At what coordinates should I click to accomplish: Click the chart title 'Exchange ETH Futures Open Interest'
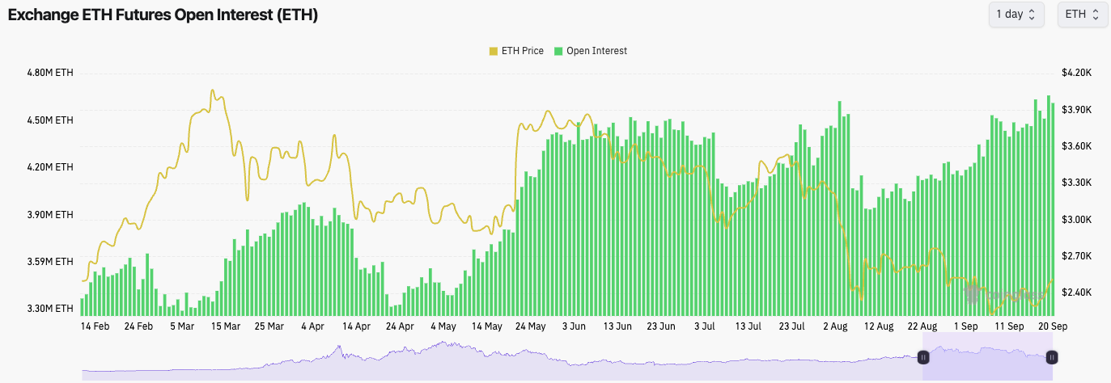click(x=163, y=15)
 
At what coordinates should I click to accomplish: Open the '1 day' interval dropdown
click(x=1016, y=15)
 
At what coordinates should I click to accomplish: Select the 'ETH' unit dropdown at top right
click(x=1082, y=15)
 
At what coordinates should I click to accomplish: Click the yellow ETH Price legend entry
click(x=516, y=51)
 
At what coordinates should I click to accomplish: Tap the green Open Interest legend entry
click(x=590, y=51)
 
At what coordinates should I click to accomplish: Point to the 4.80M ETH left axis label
click(x=50, y=73)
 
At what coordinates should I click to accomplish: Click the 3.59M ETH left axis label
click(x=50, y=262)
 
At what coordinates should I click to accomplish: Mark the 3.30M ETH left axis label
click(x=50, y=309)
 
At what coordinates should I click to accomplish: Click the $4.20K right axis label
click(x=1076, y=73)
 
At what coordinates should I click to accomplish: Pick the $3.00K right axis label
click(x=1076, y=220)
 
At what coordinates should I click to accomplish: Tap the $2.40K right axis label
click(x=1076, y=293)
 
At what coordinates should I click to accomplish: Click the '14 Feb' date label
click(x=95, y=327)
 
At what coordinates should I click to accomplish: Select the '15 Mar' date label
click(x=226, y=327)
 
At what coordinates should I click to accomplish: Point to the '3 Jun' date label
click(x=572, y=327)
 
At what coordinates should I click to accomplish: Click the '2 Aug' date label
click(x=835, y=327)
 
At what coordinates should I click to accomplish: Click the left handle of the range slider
click(x=922, y=356)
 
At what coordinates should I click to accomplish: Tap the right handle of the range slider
click(x=1051, y=356)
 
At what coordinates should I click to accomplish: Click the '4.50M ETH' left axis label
click(x=50, y=120)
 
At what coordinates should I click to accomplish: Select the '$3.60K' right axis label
click(x=1076, y=146)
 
